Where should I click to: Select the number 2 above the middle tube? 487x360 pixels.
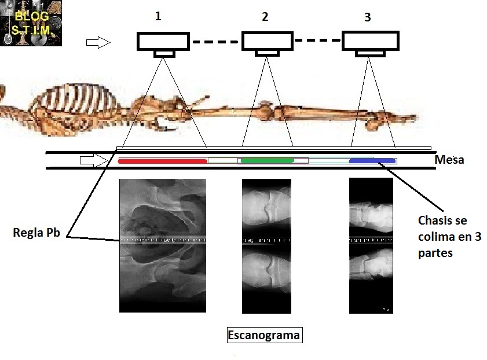pyautogui.click(x=265, y=16)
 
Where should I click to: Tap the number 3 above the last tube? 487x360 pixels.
pyautogui.click(x=367, y=17)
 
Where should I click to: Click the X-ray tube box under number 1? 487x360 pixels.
pyautogui.click(x=163, y=42)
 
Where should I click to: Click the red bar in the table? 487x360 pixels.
pyautogui.click(x=162, y=160)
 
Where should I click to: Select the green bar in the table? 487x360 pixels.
pyautogui.click(x=268, y=160)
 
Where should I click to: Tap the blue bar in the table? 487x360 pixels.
pyautogui.click(x=372, y=160)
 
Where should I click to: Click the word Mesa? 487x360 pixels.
pyautogui.click(x=449, y=160)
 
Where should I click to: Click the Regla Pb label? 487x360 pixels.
pyautogui.click(x=35, y=234)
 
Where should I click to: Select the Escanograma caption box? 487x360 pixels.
pyautogui.click(x=264, y=335)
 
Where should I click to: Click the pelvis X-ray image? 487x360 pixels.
pyautogui.click(x=162, y=245)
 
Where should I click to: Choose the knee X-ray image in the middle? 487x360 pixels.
pyautogui.click(x=266, y=245)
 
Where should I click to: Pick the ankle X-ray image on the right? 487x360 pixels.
pyautogui.click(x=371, y=245)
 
